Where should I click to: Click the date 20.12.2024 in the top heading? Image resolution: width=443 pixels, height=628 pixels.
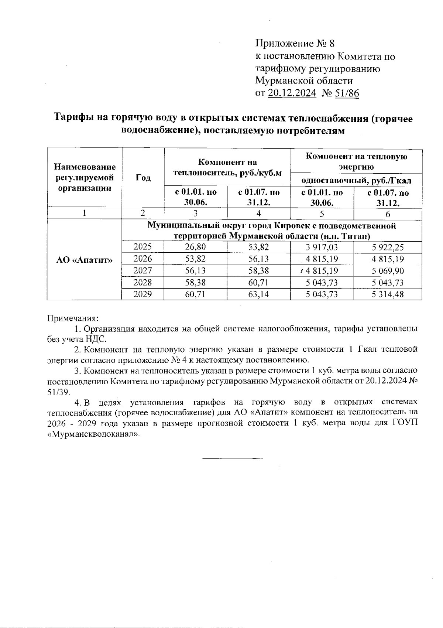pyautogui.click(x=292, y=93)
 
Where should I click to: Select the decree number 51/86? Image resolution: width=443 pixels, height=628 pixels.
pyautogui.click(x=346, y=93)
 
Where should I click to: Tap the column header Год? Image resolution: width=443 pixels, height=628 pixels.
pyautogui.click(x=143, y=178)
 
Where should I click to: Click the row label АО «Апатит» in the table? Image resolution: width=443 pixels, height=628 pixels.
pyautogui.click(x=84, y=260)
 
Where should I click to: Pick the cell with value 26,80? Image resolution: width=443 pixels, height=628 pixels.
pyautogui.click(x=195, y=247)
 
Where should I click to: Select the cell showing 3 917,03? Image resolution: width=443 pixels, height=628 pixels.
pyautogui.click(x=322, y=247)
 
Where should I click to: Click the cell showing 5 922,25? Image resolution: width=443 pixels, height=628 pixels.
pyautogui.click(x=388, y=247)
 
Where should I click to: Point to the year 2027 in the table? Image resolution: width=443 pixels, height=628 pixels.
pyautogui.click(x=142, y=270)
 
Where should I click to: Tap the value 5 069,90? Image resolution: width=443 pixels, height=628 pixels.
pyautogui.click(x=388, y=271)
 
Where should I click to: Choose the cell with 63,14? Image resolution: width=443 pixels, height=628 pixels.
pyautogui.click(x=258, y=294)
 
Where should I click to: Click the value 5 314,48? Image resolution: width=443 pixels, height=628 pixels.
pyautogui.click(x=388, y=294)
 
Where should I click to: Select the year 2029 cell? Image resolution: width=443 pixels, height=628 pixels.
pyautogui.click(x=142, y=294)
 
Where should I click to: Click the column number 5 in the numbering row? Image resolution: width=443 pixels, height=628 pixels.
pyautogui.click(x=322, y=214)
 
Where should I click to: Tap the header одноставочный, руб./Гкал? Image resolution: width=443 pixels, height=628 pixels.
pyautogui.click(x=356, y=181)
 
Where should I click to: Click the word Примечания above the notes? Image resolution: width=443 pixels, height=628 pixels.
pyautogui.click(x=73, y=318)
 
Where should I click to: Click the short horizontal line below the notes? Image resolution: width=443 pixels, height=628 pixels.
pyautogui.click(x=232, y=458)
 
